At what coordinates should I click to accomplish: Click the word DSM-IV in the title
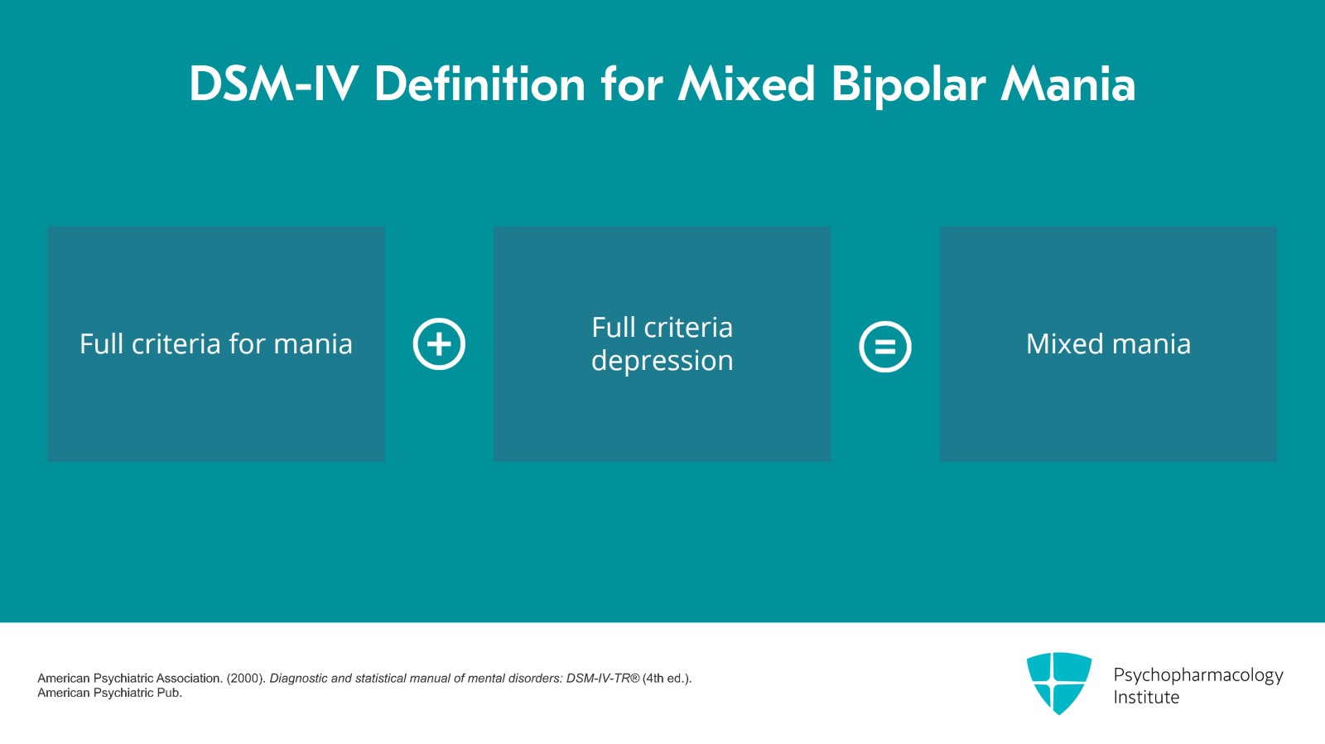tap(273, 84)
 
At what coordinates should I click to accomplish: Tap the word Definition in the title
tap(480, 84)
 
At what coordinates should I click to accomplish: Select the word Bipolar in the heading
tap(908, 84)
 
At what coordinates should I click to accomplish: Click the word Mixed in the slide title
tap(747, 84)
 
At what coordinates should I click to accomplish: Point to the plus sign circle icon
tap(439, 343)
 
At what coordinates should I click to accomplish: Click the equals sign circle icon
tap(885, 347)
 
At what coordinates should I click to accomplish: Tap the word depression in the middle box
tap(662, 362)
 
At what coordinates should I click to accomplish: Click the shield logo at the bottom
tap(1058, 683)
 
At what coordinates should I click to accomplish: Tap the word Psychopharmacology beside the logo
tap(1197, 675)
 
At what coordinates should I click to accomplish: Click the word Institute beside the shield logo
tap(1146, 698)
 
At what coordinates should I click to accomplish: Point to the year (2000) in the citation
tap(245, 679)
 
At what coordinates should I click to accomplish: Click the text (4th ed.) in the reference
tap(667, 679)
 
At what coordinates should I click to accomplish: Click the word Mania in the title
tap(1068, 84)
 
